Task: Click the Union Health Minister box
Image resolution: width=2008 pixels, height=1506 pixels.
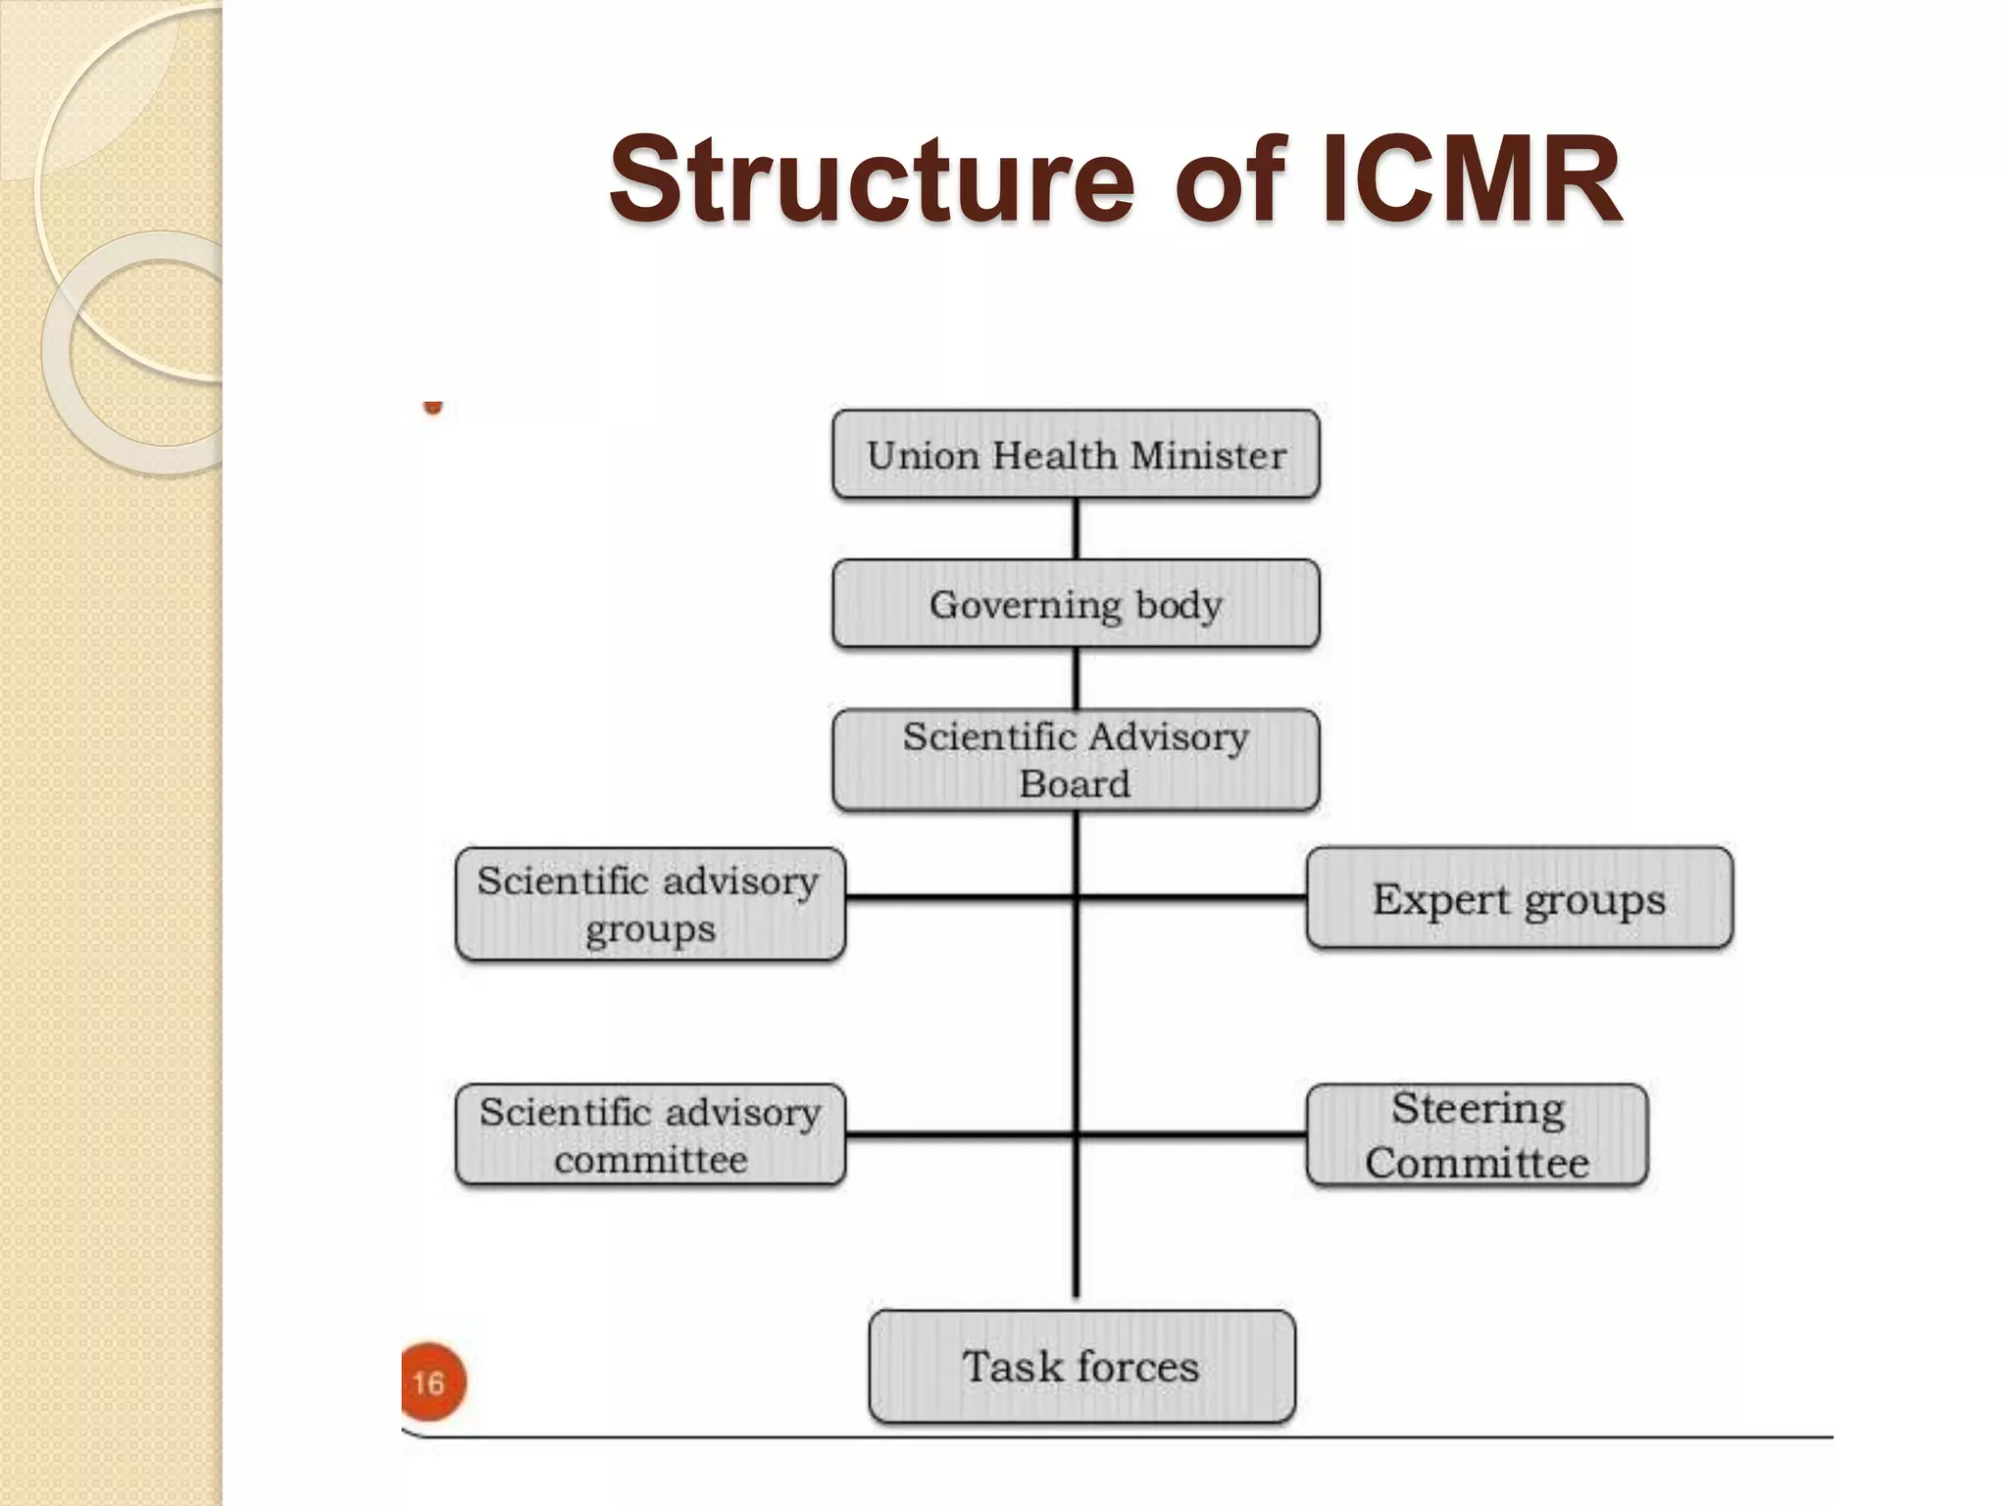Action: coord(1076,455)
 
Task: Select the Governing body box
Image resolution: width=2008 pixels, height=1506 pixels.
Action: coord(1076,604)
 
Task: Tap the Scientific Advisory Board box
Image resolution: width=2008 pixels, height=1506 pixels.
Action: coord(1076,760)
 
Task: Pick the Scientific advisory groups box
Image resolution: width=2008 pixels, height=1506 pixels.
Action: coord(650,903)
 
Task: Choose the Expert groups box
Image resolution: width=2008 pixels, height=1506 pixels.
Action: coord(1519,898)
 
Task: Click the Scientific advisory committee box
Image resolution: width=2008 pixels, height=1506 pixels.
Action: coord(650,1135)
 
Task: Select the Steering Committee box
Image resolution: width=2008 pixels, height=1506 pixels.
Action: coord(1477,1135)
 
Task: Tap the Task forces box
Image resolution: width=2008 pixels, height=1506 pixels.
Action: coord(1081,1366)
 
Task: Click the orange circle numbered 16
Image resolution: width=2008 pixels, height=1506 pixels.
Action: coord(432,1382)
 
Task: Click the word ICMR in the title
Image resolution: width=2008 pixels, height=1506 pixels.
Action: coord(1471,181)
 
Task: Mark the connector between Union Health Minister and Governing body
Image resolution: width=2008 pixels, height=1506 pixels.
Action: coord(1076,529)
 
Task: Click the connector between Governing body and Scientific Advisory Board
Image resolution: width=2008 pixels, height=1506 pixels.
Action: coord(1076,678)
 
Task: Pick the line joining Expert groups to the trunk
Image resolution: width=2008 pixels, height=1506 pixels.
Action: coord(1192,896)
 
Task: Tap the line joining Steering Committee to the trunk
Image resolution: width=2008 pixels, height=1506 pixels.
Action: coord(1192,1135)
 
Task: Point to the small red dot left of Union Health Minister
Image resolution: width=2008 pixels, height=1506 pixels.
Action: coord(432,407)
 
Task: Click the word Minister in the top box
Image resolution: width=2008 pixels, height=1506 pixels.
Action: coord(1208,456)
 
